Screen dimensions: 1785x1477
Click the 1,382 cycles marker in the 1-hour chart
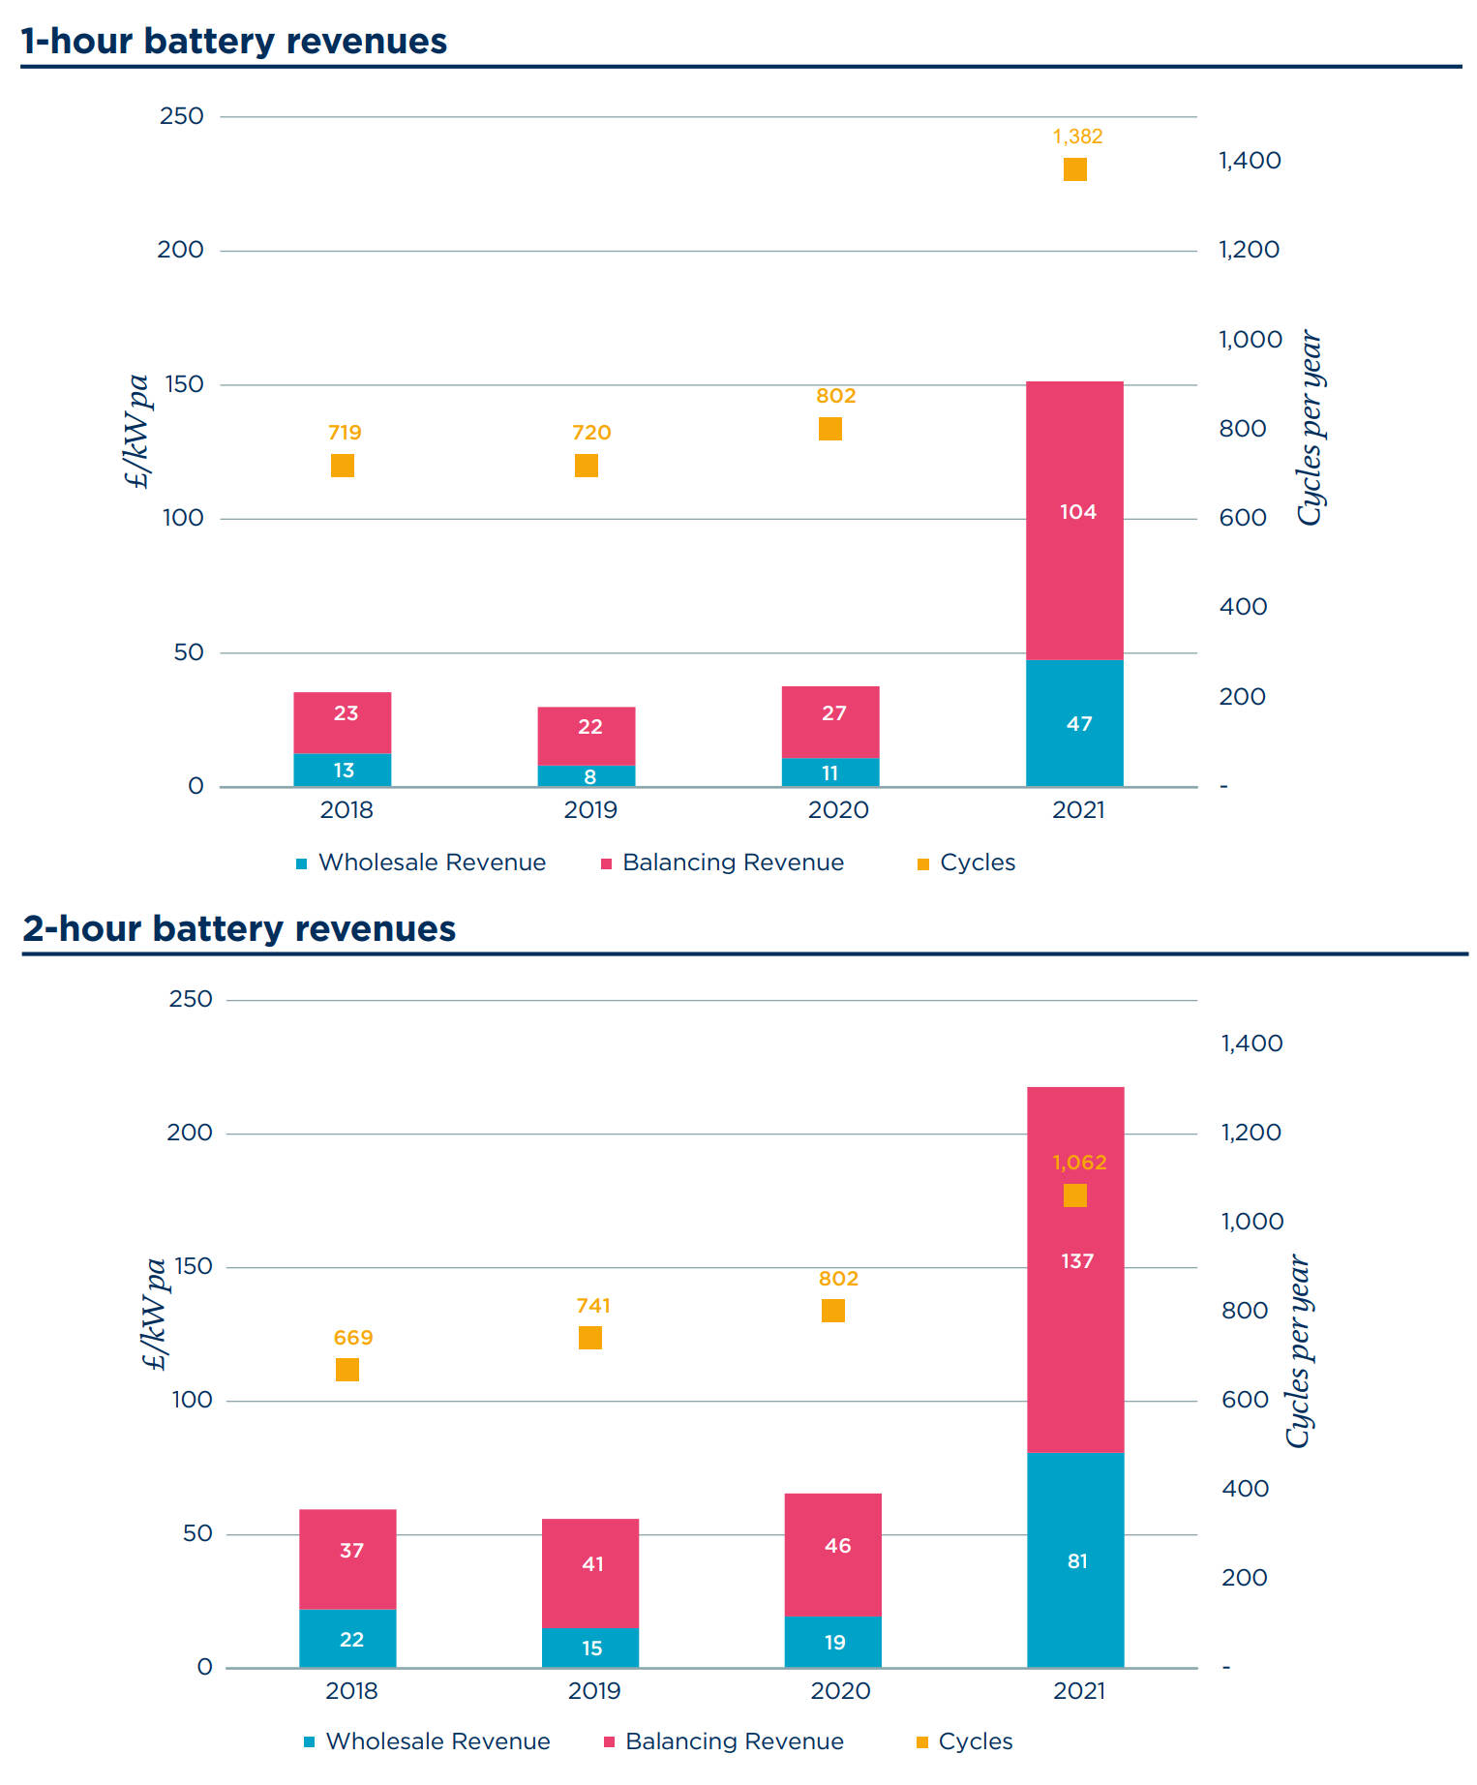click(1074, 169)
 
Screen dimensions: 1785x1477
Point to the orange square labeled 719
click(343, 466)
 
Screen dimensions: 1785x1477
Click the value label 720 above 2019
click(590, 433)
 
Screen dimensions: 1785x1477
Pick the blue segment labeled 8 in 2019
click(587, 775)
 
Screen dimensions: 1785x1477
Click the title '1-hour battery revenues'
click(233, 42)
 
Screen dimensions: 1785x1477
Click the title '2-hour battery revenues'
click(238, 928)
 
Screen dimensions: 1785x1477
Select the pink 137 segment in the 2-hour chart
click(1075, 1307)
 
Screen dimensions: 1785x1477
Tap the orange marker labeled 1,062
click(1074, 1195)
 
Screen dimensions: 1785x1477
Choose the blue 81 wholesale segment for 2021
click(1075, 1560)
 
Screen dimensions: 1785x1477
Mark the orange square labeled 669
click(347, 1370)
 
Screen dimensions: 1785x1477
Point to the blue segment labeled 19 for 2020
click(832, 1642)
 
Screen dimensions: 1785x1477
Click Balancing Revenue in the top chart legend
click(733, 862)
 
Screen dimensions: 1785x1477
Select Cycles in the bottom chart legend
click(975, 1741)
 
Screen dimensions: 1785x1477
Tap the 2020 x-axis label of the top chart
click(838, 810)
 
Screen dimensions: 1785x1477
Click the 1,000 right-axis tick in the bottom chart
click(1252, 1222)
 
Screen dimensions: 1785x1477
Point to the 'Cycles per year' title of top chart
click(1310, 429)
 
